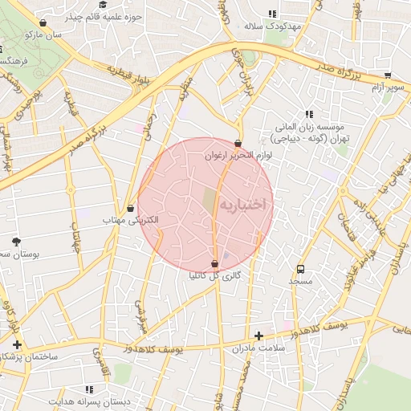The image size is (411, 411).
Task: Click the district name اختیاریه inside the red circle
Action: pos(246,205)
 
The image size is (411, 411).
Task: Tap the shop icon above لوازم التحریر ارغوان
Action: pos(238,144)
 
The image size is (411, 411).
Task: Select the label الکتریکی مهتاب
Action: pos(130,219)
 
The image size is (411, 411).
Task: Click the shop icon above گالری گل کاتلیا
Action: pos(214,264)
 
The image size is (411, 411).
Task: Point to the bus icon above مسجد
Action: pos(301,269)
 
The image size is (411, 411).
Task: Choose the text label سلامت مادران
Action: pos(258,348)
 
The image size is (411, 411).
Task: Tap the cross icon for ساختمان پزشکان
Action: pos(17,344)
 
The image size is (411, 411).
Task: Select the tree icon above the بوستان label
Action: pos(17,241)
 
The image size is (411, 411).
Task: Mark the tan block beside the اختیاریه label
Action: pos(210,201)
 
